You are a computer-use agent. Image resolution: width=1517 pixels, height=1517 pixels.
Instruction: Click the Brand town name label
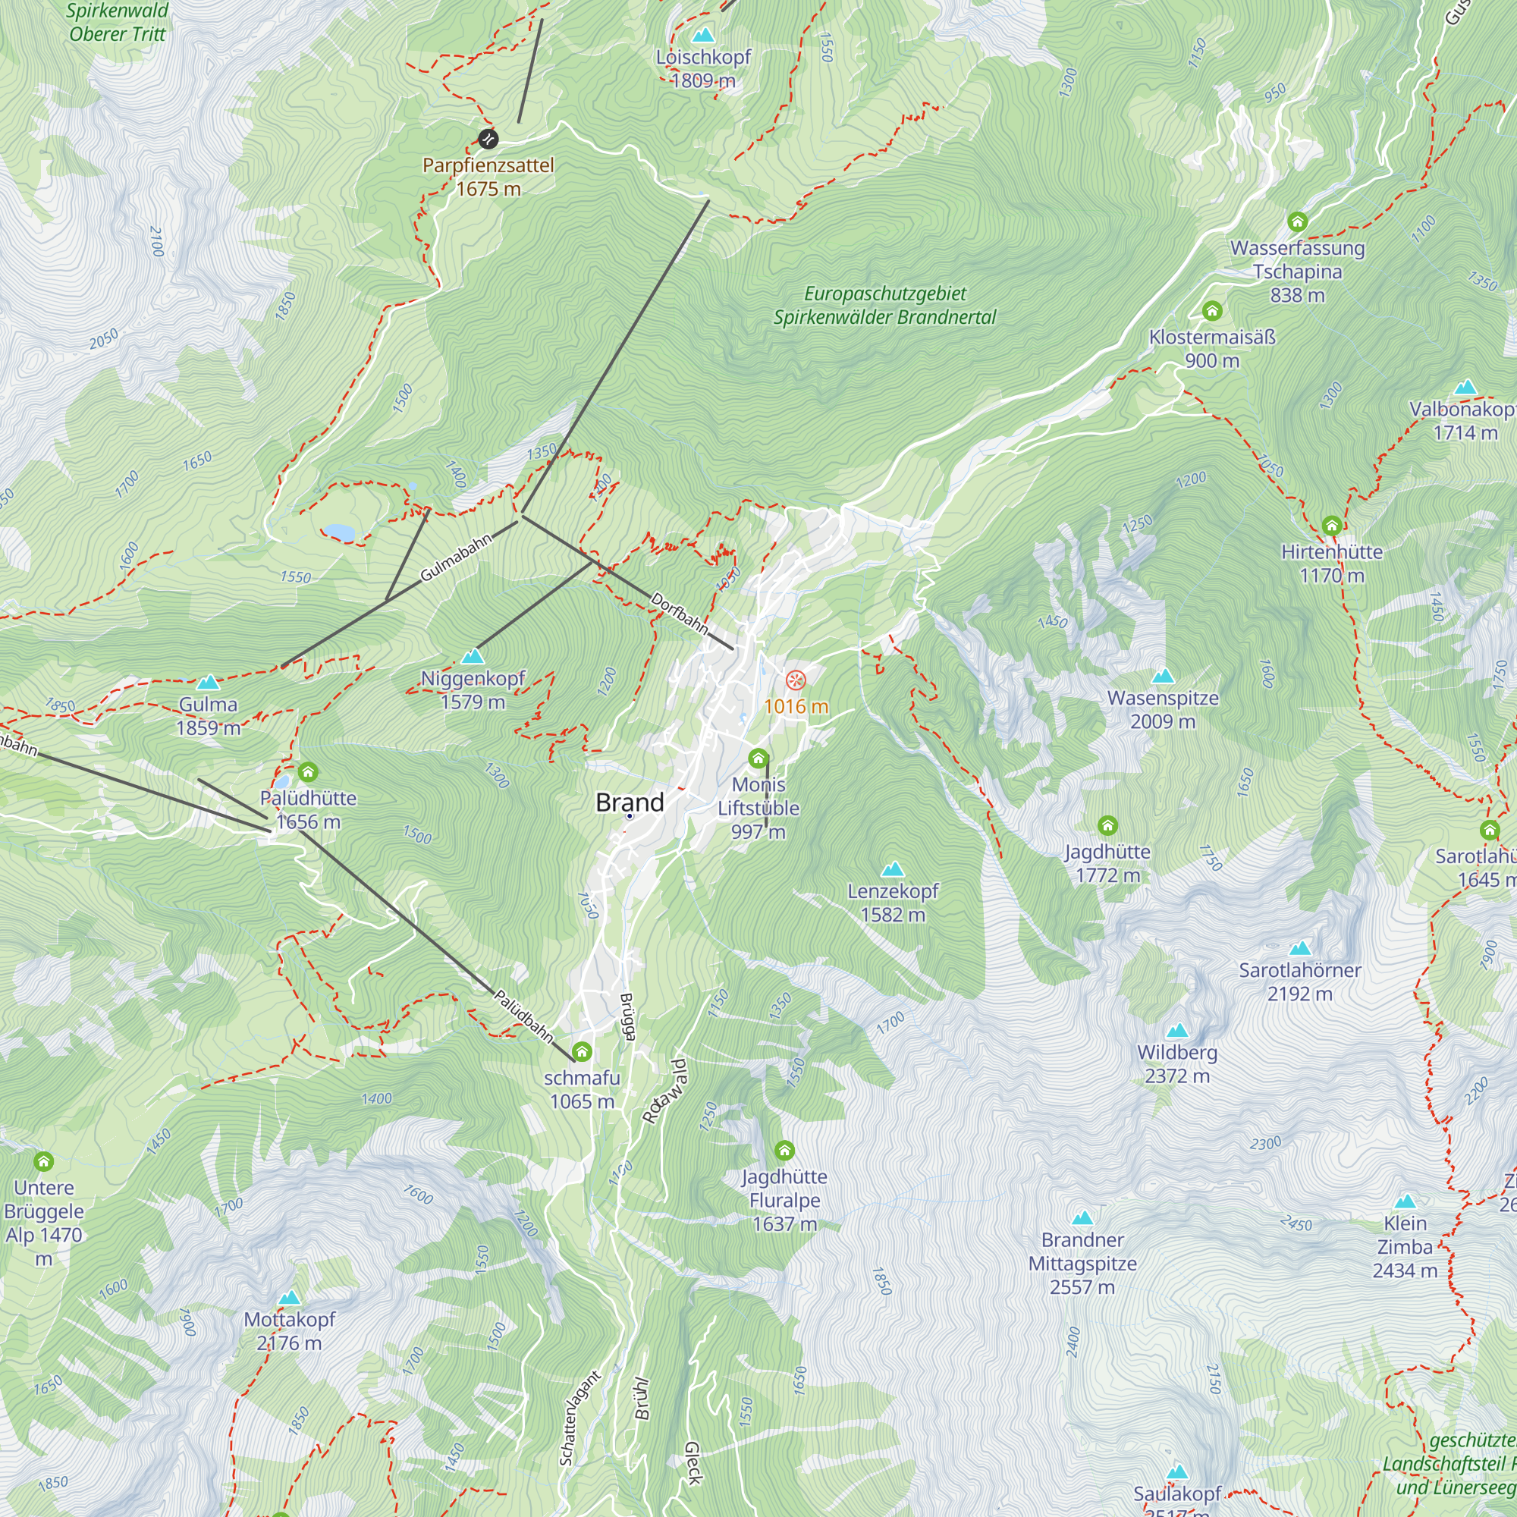[630, 802]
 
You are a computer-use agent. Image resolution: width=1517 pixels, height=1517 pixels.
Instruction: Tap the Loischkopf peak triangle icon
[704, 36]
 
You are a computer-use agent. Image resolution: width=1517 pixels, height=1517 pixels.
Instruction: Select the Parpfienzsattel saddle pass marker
[488, 139]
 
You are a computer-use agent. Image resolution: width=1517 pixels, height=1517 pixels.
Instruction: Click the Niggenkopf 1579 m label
[473, 689]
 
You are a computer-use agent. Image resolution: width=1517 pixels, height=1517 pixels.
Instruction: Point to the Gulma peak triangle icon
[207, 683]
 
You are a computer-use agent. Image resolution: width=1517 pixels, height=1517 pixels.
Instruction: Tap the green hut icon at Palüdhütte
[308, 772]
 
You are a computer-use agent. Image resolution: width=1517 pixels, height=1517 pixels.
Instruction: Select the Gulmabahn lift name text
[456, 557]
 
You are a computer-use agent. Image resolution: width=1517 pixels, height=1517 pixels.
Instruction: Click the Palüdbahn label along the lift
[523, 1016]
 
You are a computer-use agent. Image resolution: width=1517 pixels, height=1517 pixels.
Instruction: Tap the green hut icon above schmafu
[582, 1051]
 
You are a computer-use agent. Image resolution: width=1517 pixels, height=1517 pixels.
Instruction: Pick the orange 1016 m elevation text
[796, 707]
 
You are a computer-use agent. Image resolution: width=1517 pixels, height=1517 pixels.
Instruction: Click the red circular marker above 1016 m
[796, 680]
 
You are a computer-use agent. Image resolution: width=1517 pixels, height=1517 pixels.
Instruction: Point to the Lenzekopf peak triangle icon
[893, 869]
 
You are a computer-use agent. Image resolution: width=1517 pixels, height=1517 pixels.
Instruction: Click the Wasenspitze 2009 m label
[1163, 709]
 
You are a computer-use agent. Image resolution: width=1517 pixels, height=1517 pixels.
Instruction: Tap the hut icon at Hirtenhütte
[1332, 526]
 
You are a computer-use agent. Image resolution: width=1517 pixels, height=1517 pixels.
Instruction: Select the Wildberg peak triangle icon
[1177, 1031]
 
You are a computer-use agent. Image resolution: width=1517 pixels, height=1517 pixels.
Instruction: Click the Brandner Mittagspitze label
[1083, 1264]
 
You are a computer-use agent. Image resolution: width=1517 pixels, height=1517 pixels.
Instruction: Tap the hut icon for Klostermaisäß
[1212, 311]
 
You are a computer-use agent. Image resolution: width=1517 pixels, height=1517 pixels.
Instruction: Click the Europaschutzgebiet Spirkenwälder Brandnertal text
[885, 306]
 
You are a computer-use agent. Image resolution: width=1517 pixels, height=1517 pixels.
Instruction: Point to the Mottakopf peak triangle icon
[290, 1298]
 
